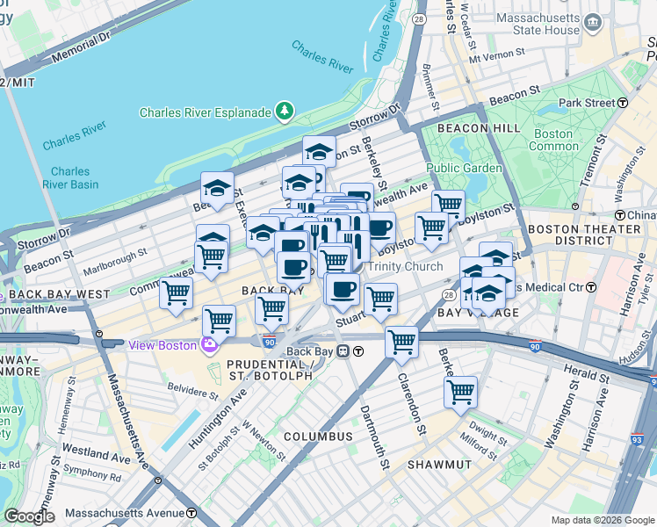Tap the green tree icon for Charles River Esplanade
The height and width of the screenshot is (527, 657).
pos(284,112)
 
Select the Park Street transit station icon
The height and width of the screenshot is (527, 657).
pos(623,103)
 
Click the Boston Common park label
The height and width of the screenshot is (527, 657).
pos(552,141)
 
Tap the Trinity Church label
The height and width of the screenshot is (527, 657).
pos(405,267)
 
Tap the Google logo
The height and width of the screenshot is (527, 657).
pos(29,516)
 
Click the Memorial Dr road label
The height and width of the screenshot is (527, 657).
pos(82,49)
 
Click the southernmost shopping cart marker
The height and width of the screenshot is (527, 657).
pos(460,392)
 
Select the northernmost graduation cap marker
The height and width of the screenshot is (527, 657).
pos(320,150)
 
